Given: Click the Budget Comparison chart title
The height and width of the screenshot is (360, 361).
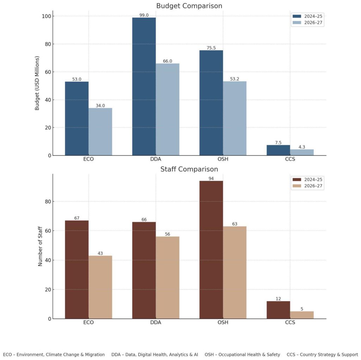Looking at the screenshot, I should [189, 6].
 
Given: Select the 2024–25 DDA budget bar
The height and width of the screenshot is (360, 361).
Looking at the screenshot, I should [144, 86].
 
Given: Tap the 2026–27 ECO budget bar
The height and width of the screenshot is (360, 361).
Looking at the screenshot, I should [100, 131].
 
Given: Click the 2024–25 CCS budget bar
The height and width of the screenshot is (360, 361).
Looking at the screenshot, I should [278, 150].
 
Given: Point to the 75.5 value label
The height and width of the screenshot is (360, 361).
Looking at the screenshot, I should [211, 48].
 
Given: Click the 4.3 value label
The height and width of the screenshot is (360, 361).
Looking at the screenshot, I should [302, 147].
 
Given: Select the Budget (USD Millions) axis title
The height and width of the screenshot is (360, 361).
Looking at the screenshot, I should [37, 83].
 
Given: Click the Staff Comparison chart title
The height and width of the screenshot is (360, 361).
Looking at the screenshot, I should [189, 169].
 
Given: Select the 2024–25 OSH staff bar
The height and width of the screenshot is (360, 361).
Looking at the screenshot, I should [211, 250].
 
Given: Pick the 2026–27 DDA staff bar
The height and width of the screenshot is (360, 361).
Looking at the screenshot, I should [167, 278].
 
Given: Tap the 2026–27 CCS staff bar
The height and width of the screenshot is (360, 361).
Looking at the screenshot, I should [302, 315].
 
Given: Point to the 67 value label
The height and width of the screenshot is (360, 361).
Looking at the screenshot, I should [77, 218].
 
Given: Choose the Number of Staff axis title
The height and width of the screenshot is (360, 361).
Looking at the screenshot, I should [40, 246].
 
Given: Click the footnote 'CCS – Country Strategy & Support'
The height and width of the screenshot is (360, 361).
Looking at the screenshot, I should [322, 354].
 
